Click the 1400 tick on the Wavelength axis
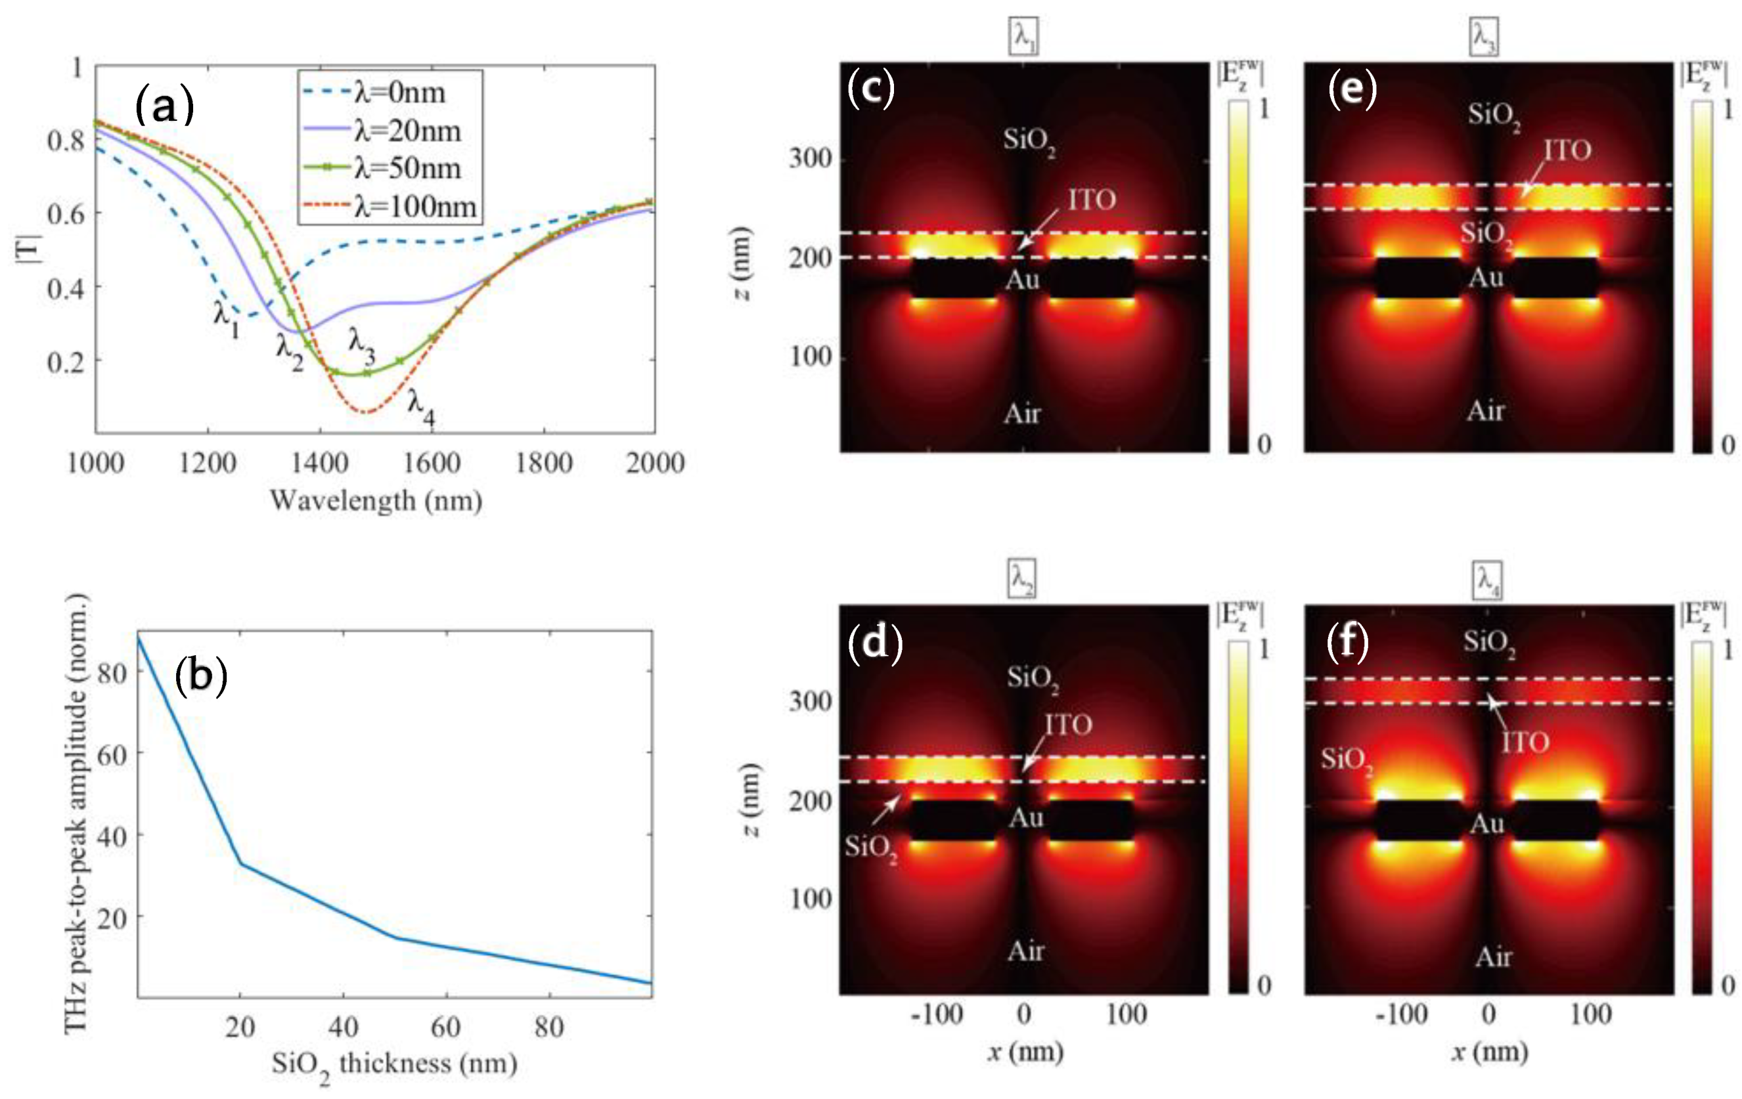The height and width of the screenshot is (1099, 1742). [320, 463]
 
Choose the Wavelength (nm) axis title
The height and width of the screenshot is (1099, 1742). [376, 500]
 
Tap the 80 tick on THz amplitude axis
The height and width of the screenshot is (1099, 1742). [112, 673]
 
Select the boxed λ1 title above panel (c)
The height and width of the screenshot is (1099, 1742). [1023, 37]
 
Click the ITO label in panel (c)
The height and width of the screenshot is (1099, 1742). [1092, 200]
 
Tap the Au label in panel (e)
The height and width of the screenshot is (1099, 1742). [1486, 278]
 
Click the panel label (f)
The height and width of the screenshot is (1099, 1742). [1348, 642]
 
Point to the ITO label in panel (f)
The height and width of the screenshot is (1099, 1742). [1525, 743]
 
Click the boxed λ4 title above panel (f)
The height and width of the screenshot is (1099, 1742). [1487, 580]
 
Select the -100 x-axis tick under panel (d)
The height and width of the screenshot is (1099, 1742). [936, 1015]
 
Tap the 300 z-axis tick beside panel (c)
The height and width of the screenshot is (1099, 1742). [810, 158]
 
